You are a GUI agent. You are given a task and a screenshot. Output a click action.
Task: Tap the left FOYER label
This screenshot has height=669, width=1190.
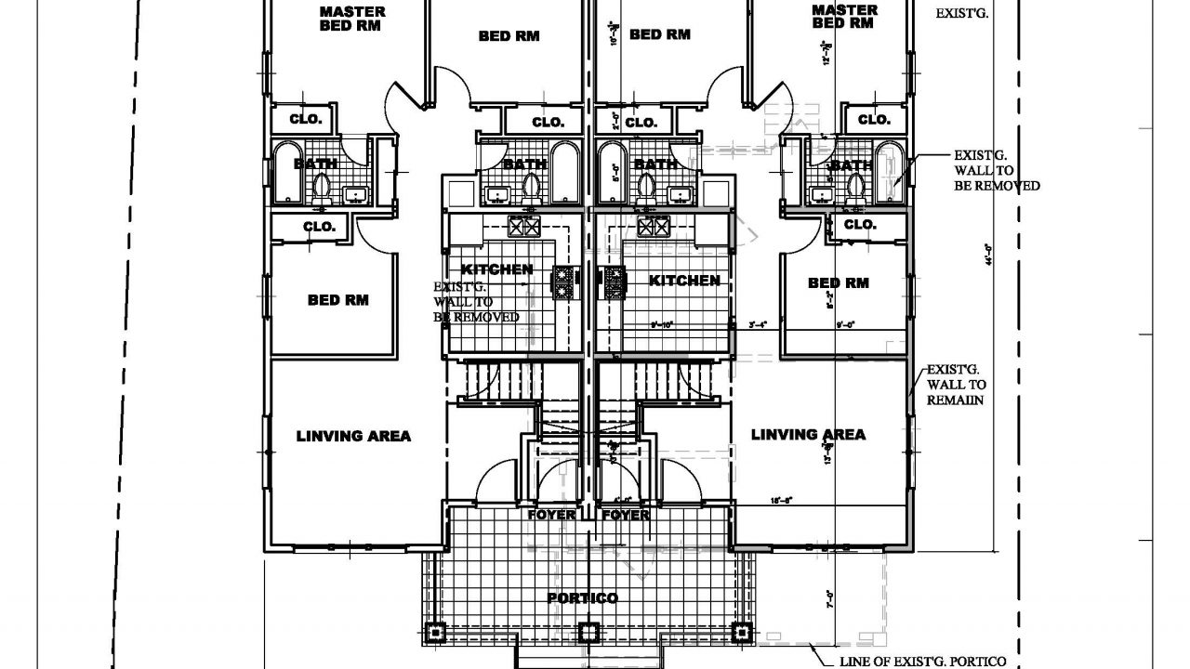coord(551,515)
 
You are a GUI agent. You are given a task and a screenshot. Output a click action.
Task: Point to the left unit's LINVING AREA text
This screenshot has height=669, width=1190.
coord(353,436)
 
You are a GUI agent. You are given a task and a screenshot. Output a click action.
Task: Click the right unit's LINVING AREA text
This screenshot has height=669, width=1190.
coord(808,434)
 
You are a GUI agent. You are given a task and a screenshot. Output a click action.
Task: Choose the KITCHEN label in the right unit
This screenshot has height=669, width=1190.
coord(684,280)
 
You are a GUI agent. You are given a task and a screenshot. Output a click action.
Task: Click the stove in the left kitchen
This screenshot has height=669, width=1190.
coord(563,282)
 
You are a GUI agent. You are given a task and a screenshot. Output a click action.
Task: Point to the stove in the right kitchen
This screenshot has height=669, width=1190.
coord(615,282)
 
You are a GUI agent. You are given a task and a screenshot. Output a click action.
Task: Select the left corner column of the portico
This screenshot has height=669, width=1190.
coord(437,634)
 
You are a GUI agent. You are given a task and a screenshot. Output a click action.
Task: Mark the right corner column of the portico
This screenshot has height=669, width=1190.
coord(741,634)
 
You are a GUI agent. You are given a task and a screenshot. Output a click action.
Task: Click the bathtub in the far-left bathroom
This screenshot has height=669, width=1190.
coord(284,174)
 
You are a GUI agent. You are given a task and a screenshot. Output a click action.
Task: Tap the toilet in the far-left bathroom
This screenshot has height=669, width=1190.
coord(323,187)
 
